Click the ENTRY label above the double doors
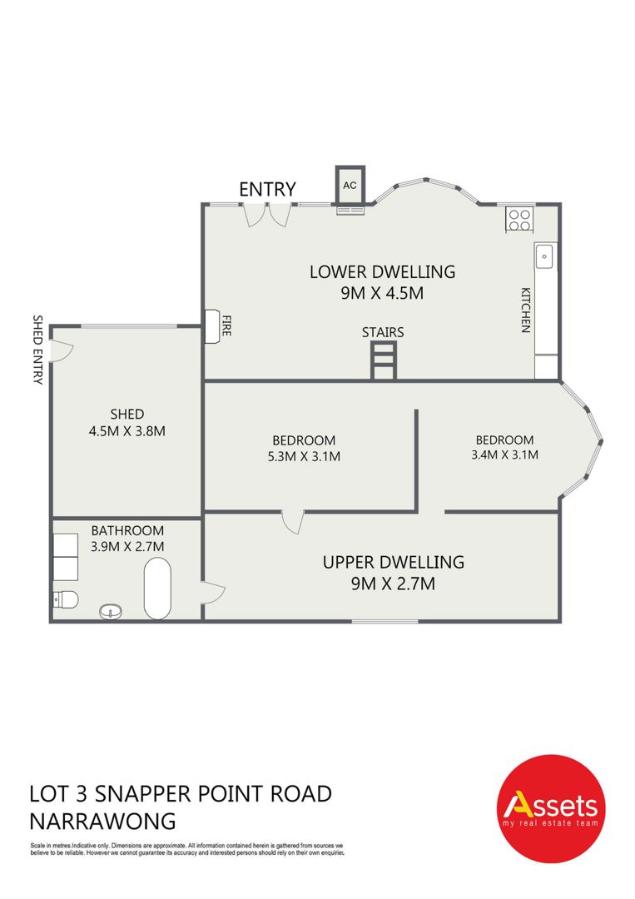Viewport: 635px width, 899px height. pyautogui.click(x=267, y=189)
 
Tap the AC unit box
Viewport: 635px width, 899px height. pyautogui.click(x=350, y=185)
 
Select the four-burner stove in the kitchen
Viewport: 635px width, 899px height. pyautogui.click(x=520, y=220)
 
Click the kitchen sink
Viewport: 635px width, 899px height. pyautogui.click(x=544, y=256)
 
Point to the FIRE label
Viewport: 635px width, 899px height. pyautogui.click(x=226, y=325)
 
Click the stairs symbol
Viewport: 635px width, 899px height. pyautogui.click(x=384, y=360)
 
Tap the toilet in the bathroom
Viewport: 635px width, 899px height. pyautogui.click(x=65, y=599)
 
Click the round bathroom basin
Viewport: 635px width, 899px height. pyautogui.click(x=111, y=612)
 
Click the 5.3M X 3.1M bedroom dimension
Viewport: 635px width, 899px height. pyautogui.click(x=304, y=456)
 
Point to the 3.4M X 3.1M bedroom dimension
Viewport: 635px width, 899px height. pyautogui.click(x=505, y=454)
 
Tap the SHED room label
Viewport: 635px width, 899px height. pyautogui.click(x=127, y=414)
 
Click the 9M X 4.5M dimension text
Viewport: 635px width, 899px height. pyautogui.click(x=382, y=293)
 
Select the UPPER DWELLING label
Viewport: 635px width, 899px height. pyautogui.click(x=393, y=562)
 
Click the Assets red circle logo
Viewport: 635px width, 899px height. pyautogui.click(x=550, y=808)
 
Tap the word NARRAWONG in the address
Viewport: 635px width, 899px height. pyautogui.click(x=102, y=821)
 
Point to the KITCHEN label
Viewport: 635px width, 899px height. pyautogui.click(x=525, y=310)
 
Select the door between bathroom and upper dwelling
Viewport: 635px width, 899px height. pyautogui.click(x=212, y=592)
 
